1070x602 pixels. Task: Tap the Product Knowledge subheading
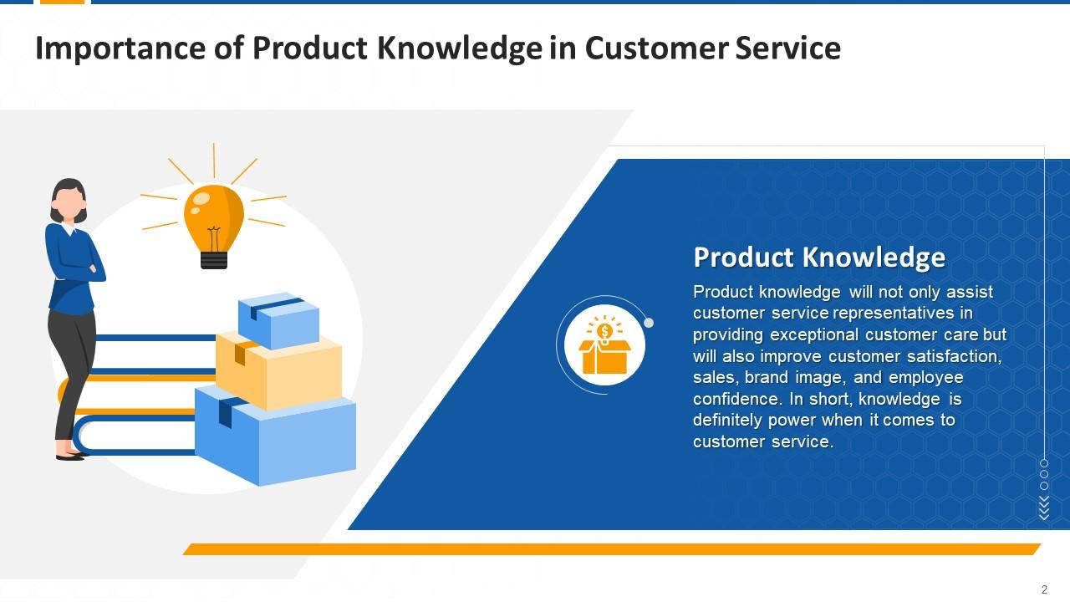coord(819,257)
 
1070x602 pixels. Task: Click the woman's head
coord(69,199)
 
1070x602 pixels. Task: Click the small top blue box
coord(278,319)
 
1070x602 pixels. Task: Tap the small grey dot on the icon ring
coord(649,323)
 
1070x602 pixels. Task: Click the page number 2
coord(1045,589)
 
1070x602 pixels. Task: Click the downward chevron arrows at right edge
coord(1044,508)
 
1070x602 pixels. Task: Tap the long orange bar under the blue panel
coord(610,549)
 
